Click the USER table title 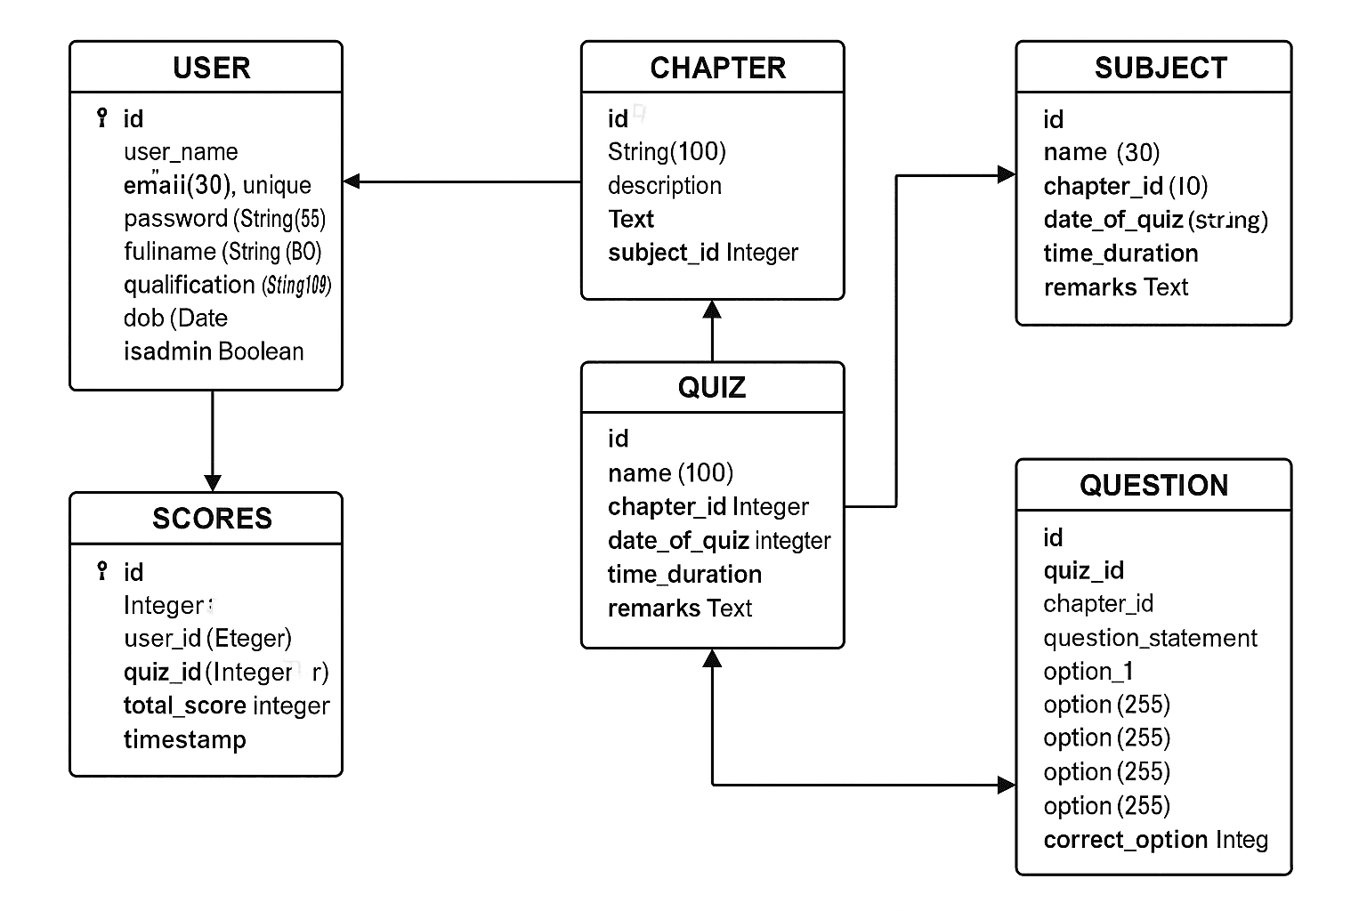point(211,68)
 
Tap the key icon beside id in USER point(102,117)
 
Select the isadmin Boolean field point(214,351)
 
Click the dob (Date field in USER point(175,318)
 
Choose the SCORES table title point(212,519)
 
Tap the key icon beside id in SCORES point(102,570)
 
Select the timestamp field point(184,739)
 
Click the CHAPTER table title point(717,68)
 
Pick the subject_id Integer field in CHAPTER point(702,253)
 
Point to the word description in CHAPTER point(664,186)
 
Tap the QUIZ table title point(711,388)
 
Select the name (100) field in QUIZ point(670,473)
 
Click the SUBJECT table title point(1161,68)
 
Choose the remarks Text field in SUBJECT point(1115,287)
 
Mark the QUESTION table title point(1153,486)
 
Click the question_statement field point(1150,638)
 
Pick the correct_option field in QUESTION point(1155,840)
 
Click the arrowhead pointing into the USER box point(351,181)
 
